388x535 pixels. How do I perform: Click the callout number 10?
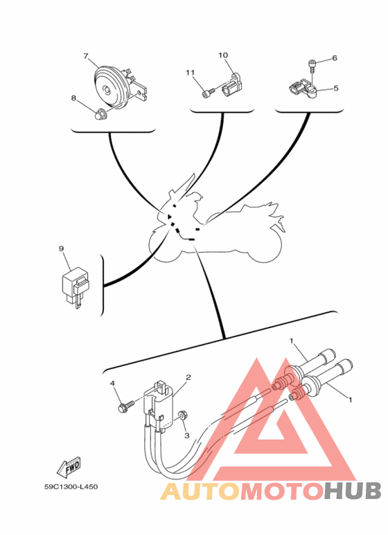pyautogui.click(x=223, y=55)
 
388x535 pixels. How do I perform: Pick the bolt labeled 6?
pyautogui.click(x=312, y=66)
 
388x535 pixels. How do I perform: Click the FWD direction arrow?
pyautogui.click(x=69, y=466)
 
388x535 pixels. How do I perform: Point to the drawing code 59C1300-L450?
pyautogui.click(x=71, y=487)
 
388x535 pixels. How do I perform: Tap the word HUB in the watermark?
pyautogui.click(x=353, y=491)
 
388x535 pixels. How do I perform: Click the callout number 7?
pyautogui.click(x=86, y=56)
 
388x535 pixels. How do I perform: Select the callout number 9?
pyautogui.click(x=62, y=248)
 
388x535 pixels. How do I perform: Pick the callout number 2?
pyautogui.click(x=188, y=377)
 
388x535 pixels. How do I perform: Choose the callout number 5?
pyautogui.click(x=336, y=88)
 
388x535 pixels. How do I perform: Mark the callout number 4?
pyautogui.click(x=112, y=384)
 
